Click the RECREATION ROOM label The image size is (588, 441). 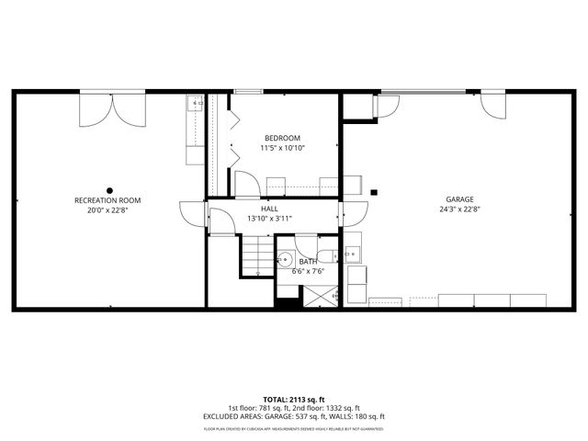tap(107, 199)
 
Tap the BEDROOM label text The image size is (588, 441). tap(282, 138)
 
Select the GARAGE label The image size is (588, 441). tap(460, 198)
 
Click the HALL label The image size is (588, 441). tap(269, 209)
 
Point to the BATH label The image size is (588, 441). tap(308, 262)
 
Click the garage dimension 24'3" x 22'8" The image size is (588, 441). tap(460, 209)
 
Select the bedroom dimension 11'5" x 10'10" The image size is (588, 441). tap(282, 148)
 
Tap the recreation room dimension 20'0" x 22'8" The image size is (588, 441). tap(107, 209)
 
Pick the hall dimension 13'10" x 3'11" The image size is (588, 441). tap(269, 219)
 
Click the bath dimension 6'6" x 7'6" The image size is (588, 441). tap(308, 272)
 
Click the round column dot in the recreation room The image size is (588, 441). tap(108, 166)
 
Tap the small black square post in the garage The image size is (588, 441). tap(374, 192)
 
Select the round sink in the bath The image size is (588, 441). tap(286, 259)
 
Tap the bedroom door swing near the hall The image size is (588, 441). tap(246, 185)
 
